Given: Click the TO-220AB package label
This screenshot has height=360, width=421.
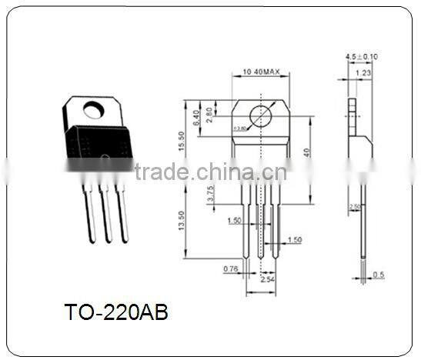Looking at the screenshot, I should click(x=115, y=313).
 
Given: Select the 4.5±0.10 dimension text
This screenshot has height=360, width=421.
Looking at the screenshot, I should click(x=361, y=58).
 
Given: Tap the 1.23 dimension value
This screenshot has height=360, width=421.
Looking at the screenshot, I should click(x=364, y=72).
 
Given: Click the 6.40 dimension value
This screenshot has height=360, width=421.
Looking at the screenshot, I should click(x=197, y=116).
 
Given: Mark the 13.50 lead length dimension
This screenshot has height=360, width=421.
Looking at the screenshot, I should click(x=181, y=224).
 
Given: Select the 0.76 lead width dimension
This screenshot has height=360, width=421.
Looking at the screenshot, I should click(x=229, y=268).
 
